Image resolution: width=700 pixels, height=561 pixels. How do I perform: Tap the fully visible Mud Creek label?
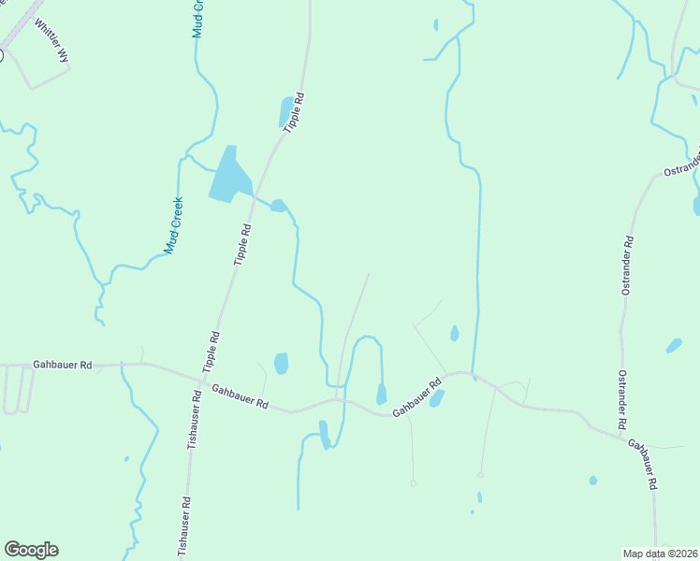tap(174, 225)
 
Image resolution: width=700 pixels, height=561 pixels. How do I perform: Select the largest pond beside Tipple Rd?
tap(230, 175)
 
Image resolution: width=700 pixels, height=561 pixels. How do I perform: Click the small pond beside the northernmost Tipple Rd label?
tap(285, 111)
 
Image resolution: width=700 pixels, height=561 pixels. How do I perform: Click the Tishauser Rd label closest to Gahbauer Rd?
tap(196, 420)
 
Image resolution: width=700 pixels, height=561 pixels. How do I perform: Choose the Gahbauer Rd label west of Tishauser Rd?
tap(63, 365)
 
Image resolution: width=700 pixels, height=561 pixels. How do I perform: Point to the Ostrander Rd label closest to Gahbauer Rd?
tap(621, 400)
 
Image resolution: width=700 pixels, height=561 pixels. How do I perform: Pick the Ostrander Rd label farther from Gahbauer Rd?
tap(628, 266)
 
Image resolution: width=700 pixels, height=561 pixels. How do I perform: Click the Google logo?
tap(31, 550)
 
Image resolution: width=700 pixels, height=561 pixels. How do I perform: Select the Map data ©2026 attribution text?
tap(661, 554)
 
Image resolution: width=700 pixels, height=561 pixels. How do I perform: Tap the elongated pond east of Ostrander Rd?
tap(674, 346)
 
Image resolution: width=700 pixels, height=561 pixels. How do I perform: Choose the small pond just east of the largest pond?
tap(278, 206)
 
